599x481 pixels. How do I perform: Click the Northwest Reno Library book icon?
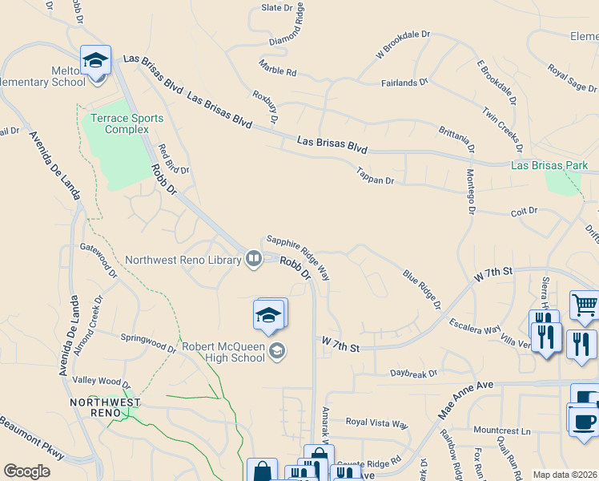point(253,258)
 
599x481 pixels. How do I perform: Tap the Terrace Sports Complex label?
point(127,123)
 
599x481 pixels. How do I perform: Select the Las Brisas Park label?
point(549,166)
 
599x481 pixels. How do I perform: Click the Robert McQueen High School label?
point(223,352)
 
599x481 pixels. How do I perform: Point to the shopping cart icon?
point(585,305)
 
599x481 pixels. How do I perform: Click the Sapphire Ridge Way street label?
point(298,257)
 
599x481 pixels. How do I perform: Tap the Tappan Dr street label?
point(376,175)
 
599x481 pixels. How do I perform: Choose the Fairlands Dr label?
point(404,82)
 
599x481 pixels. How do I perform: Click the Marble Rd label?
point(278,67)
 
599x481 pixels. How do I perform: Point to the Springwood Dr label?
point(148,343)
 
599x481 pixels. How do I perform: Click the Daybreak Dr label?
point(413,373)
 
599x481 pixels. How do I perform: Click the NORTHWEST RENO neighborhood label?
point(105,407)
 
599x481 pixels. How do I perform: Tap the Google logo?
point(26,471)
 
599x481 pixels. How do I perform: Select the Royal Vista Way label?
point(376,423)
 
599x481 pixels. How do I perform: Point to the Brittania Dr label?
point(457,139)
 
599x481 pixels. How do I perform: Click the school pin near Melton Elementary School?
point(95,60)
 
